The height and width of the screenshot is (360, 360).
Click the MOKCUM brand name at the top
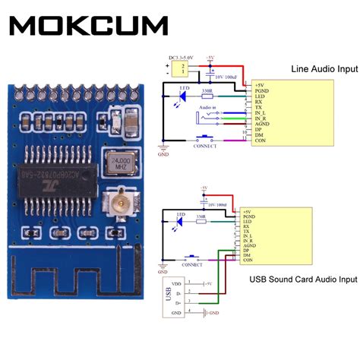[90, 25]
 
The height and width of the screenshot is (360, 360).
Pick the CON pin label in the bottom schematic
[248, 261]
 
